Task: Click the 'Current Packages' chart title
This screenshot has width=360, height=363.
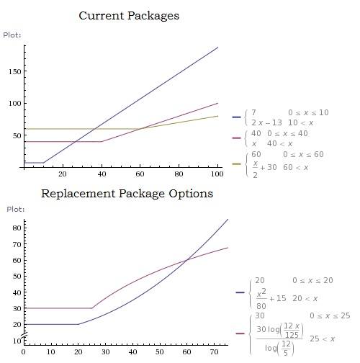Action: (x=129, y=16)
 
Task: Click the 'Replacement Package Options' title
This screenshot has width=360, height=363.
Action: (x=127, y=194)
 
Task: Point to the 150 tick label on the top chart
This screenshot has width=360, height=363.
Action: (x=14, y=71)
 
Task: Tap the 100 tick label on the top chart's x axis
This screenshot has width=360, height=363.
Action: (x=217, y=174)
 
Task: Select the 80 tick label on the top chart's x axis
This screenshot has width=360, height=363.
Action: (x=179, y=174)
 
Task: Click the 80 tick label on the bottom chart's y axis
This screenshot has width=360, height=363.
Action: (x=17, y=228)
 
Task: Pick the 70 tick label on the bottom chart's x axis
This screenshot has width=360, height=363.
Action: (x=214, y=352)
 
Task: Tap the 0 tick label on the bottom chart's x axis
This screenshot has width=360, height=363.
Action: (x=24, y=352)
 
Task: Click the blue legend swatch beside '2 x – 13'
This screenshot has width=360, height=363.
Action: (x=236, y=117)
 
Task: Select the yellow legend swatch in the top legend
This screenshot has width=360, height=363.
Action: (x=236, y=164)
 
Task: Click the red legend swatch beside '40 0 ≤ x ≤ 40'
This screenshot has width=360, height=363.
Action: (x=236, y=138)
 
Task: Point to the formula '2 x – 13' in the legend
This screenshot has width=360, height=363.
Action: (x=266, y=122)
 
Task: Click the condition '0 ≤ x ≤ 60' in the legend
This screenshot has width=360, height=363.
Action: (x=303, y=154)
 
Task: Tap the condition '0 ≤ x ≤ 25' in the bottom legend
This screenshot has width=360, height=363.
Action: (x=330, y=315)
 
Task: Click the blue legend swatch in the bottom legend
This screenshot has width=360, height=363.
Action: (x=240, y=292)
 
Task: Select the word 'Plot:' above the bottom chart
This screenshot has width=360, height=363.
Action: (x=16, y=210)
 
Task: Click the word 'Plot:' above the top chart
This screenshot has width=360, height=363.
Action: (x=12, y=35)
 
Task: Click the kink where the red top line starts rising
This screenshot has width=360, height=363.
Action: (x=102, y=141)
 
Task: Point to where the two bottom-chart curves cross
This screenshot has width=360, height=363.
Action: (x=187, y=259)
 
